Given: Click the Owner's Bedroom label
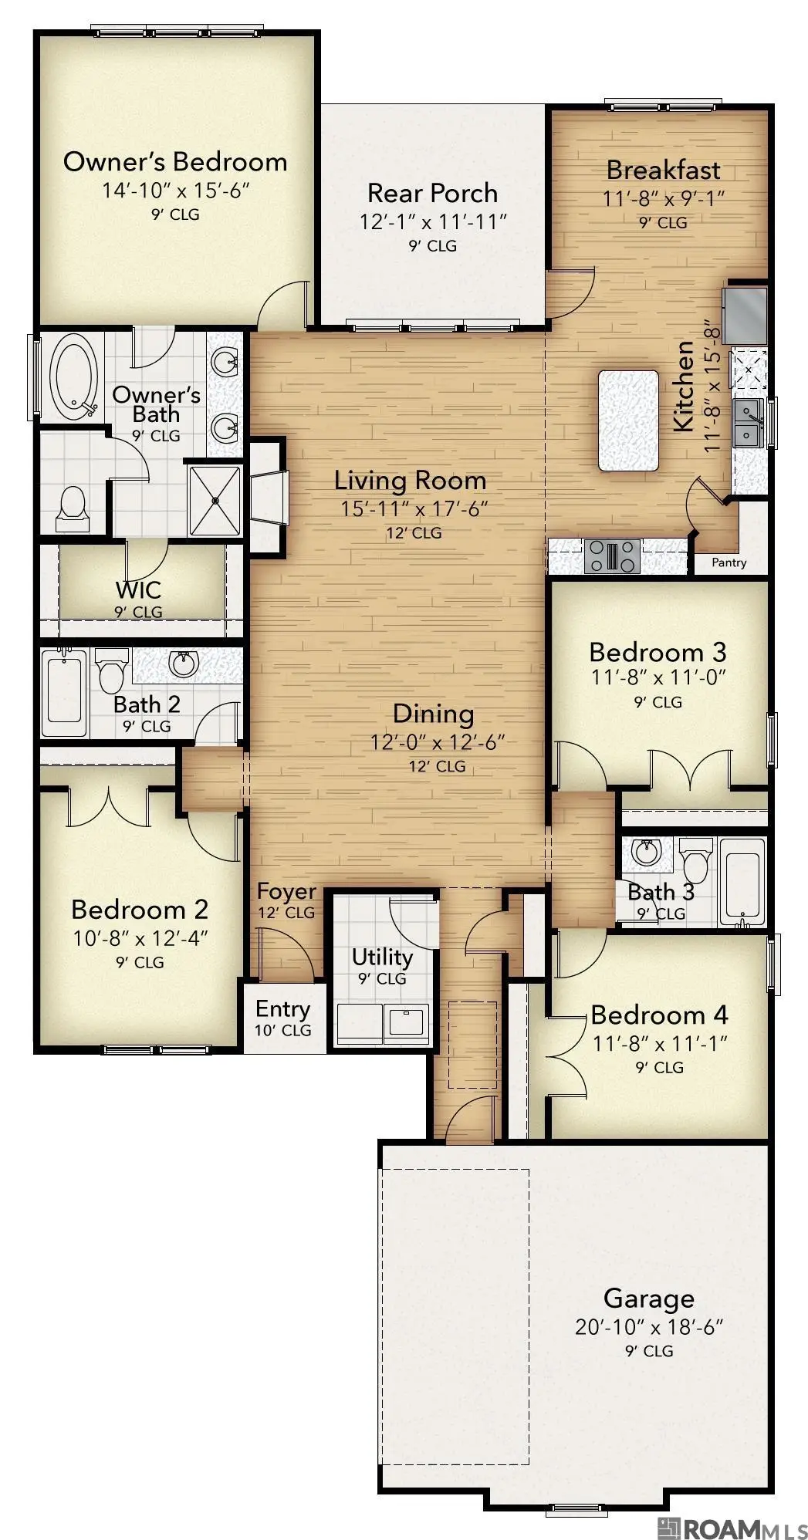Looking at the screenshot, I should click(x=175, y=162).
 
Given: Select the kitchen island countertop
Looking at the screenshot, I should click(x=628, y=420).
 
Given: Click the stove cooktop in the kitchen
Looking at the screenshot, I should click(x=613, y=556).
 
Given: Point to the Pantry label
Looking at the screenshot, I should click(x=729, y=562).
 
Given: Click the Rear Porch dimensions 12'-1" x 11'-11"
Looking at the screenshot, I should click(x=433, y=222).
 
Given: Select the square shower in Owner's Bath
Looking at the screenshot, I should click(x=215, y=499).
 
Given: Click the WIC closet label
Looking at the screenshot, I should click(x=138, y=590).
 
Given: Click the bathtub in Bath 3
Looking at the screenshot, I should click(x=742, y=881).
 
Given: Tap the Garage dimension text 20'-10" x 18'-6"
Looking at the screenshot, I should click(x=648, y=1328).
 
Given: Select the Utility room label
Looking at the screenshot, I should click(x=382, y=957).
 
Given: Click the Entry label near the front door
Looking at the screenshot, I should click(x=282, y=1009).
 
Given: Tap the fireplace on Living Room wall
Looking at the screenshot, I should click(x=269, y=498).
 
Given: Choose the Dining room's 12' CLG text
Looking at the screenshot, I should click(x=437, y=766).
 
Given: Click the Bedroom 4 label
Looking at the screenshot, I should click(x=659, y=1015).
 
